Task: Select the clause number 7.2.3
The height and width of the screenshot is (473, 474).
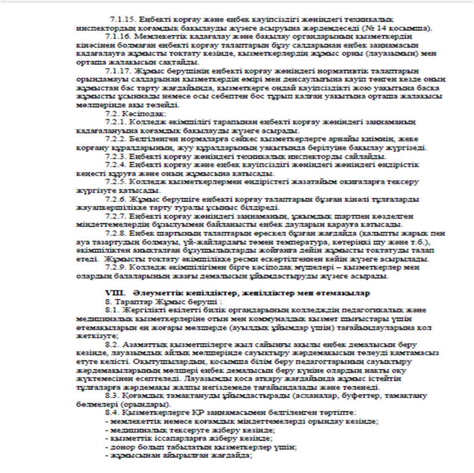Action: [117, 156]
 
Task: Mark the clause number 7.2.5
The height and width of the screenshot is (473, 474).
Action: [117, 182]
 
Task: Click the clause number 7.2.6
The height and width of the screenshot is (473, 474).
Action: [117, 199]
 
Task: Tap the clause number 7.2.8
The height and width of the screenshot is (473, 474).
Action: [117, 234]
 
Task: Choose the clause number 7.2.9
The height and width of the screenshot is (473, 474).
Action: [117, 268]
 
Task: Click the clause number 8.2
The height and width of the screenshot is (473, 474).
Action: [112, 346]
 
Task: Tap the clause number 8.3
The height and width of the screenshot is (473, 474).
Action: [112, 397]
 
